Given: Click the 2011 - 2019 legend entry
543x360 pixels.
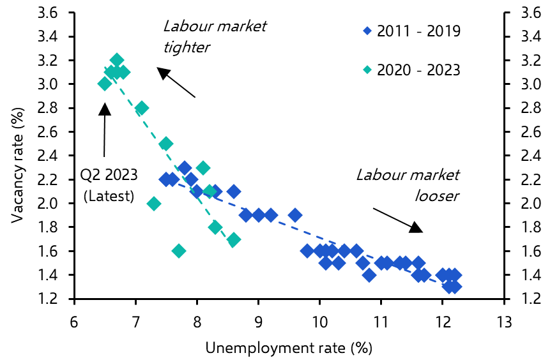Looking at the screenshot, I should pos(412,31).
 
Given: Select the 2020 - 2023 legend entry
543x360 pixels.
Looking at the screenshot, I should pos(412,69).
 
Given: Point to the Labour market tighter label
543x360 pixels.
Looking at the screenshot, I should pos(214,36).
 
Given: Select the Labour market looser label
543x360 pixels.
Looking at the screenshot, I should pos(408,185).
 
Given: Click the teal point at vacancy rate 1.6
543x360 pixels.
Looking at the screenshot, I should pos(179,251).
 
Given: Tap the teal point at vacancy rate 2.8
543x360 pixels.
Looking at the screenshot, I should pos(142,108).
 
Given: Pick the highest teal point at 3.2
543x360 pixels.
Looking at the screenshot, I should pos(117,60).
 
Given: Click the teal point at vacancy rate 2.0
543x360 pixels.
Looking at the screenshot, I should pos(154,204).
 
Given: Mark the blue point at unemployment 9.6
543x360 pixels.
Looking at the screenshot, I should pos(295,215).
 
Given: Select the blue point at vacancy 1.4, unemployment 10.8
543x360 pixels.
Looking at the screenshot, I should pos(369,275).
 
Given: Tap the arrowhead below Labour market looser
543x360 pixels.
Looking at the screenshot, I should pos(416,227).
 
